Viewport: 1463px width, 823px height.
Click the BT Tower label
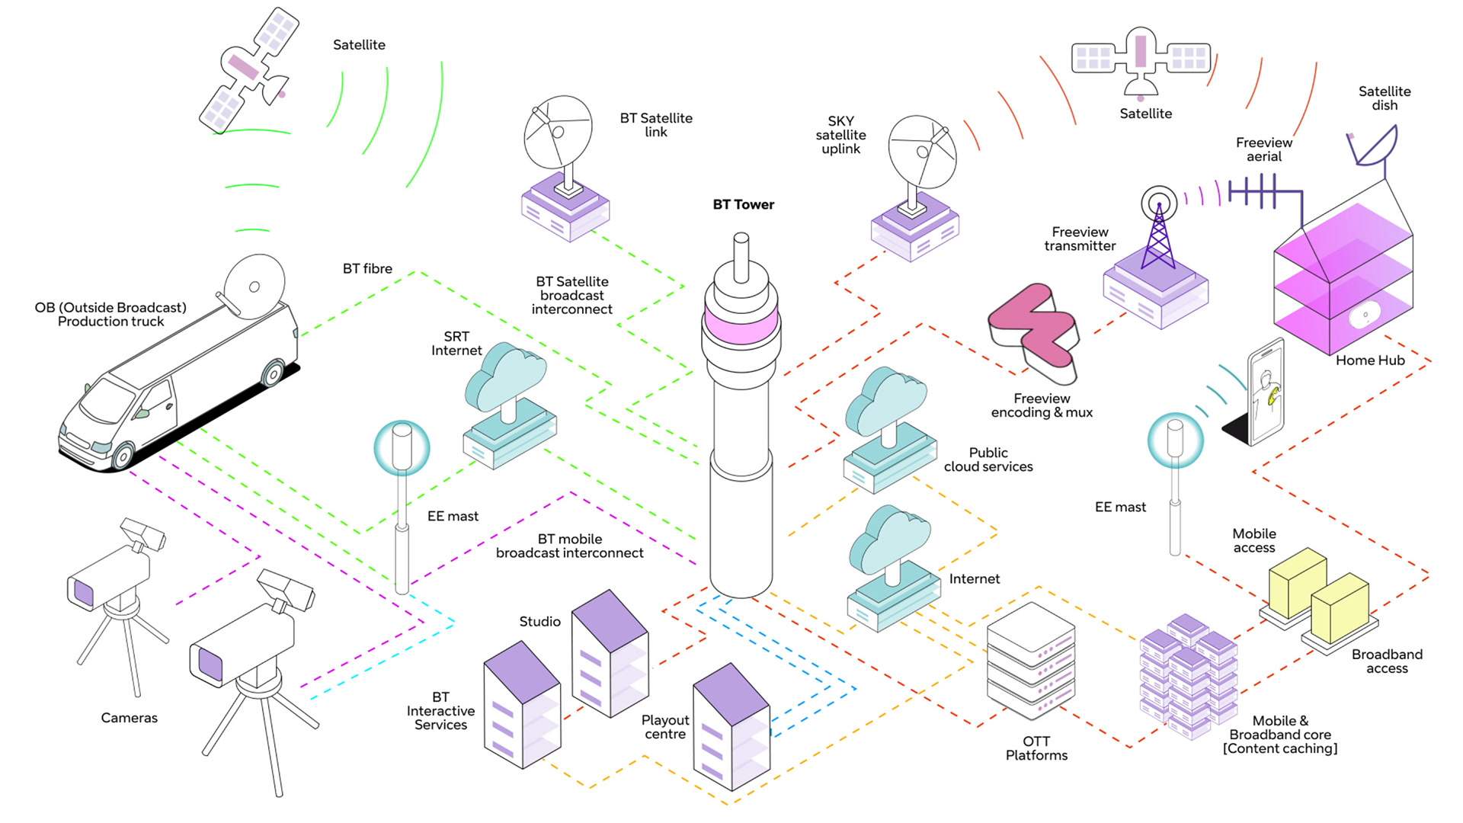[x=743, y=204]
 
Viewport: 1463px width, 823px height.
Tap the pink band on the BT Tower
[x=741, y=324]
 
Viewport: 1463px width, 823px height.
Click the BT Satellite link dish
[x=558, y=133]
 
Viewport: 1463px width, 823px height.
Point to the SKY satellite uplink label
[x=840, y=135]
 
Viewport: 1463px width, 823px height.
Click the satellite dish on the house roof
[x=1375, y=146]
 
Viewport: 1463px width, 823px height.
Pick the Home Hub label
[x=1369, y=360]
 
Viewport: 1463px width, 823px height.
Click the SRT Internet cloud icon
[x=505, y=377]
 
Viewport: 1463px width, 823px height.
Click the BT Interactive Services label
[x=440, y=711]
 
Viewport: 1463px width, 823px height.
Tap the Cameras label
[x=129, y=718]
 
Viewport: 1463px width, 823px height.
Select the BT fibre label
[x=367, y=269]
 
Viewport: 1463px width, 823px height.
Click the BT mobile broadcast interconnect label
[x=569, y=546]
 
